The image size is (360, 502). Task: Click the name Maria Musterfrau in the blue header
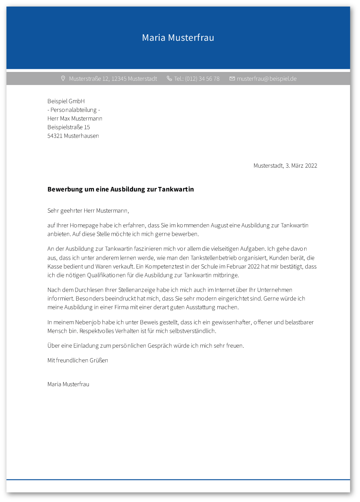[x=178, y=38]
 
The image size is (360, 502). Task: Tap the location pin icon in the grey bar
[x=63, y=78]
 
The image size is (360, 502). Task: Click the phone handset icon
[x=169, y=78]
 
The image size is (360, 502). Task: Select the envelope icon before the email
[x=232, y=78]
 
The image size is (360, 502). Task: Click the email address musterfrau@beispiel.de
[x=267, y=79]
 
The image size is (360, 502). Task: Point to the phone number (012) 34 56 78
[x=202, y=79]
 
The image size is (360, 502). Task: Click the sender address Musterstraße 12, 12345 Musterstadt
[x=113, y=79]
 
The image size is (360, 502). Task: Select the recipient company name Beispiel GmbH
[x=66, y=101]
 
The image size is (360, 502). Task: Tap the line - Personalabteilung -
[x=73, y=110]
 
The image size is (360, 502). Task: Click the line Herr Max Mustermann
[x=75, y=118]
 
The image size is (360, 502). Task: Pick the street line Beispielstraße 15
[x=68, y=127]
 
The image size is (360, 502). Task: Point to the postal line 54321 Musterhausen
[x=73, y=136]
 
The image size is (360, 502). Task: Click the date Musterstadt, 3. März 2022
[x=285, y=166]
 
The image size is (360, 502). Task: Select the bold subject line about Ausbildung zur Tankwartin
[x=120, y=189]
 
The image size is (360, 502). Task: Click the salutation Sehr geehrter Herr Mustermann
[x=88, y=211]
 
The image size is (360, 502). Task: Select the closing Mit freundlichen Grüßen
[x=78, y=360]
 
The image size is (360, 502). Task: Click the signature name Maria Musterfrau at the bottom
[x=68, y=384]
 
